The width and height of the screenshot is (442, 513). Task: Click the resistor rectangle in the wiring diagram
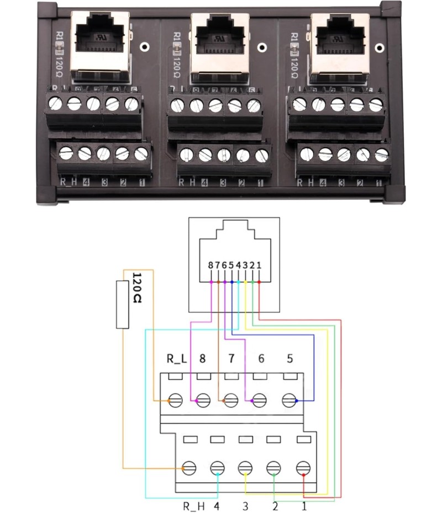(123, 304)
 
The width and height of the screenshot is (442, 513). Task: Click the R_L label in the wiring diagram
(176, 359)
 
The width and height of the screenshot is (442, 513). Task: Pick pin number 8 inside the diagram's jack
(211, 265)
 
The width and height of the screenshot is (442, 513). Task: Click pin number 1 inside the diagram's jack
(259, 265)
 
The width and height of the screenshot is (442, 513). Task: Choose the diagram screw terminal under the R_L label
(176, 400)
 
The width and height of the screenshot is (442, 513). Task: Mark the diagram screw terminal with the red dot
(303, 468)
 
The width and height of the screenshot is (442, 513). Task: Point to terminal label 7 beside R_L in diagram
(231, 359)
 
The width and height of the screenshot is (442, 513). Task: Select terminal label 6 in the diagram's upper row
(261, 359)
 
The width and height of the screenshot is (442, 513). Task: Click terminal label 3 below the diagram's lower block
(245, 504)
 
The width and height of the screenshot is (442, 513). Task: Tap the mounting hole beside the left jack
(145, 47)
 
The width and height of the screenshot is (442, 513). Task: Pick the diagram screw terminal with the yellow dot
(245, 468)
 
